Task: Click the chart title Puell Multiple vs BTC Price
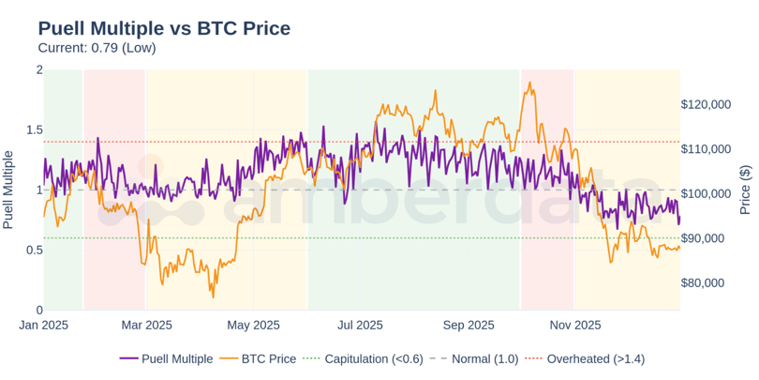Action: (164, 27)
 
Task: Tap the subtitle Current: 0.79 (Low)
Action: (97, 48)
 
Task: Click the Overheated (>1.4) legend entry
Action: (595, 358)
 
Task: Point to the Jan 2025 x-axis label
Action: (44, 326)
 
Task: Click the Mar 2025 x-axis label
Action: (148, 326)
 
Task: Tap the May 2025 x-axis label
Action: (254, 326)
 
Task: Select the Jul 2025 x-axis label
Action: (360, 326)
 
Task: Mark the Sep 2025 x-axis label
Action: (469, 326)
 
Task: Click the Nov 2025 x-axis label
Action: (574, 326)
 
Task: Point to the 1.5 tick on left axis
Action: (33, 129)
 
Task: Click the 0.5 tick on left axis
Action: (33, 250)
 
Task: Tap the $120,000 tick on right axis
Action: (706, 104)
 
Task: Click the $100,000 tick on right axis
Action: (706, 194)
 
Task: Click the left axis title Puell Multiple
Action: (8, 190)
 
